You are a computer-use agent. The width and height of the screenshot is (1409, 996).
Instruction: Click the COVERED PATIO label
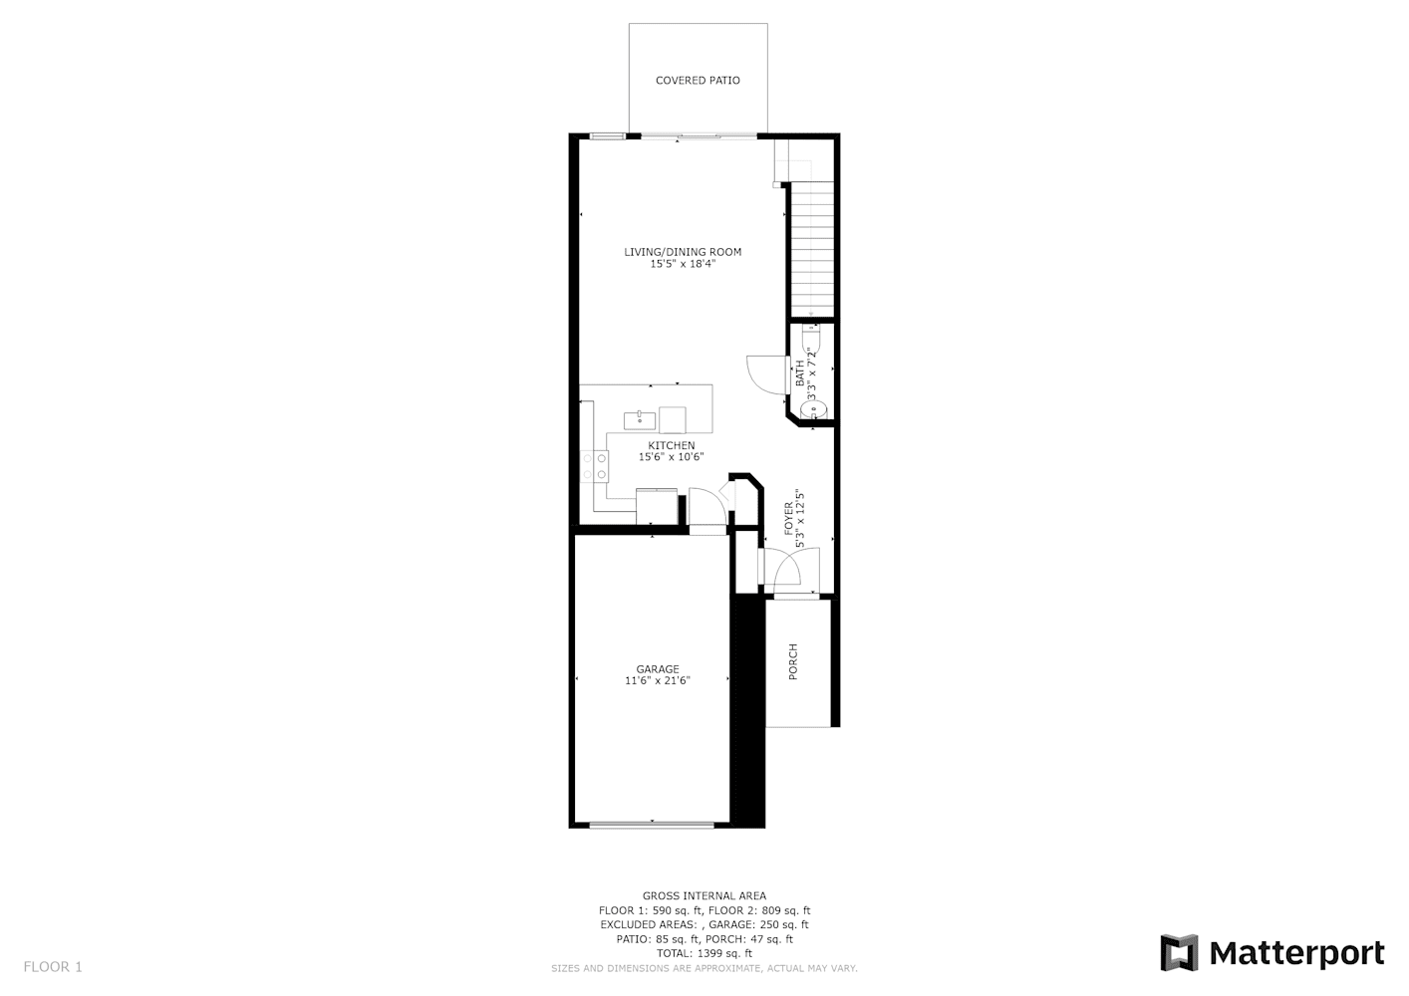pos(698,81)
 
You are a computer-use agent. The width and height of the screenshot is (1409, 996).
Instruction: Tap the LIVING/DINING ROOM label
pos(683,252)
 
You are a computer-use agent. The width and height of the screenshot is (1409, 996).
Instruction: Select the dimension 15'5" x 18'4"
pos(683,264)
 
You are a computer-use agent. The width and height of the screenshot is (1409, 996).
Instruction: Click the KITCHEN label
pos(672,446)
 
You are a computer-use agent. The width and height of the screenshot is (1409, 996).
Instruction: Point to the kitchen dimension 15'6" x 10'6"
pos(672,457)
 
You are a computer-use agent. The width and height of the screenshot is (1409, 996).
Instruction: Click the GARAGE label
pos(658,669)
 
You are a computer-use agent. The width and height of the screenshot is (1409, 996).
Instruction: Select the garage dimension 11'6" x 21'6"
pos(658,680)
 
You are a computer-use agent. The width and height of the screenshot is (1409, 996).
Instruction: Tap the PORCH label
pos(793,661)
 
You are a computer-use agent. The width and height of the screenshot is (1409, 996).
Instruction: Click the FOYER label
pos(789,519)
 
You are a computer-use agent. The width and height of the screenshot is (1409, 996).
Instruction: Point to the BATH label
pos(799,373)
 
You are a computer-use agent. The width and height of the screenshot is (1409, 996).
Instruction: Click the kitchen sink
pos(640,420)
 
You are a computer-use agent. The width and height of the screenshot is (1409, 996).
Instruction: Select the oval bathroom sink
pos(813,410)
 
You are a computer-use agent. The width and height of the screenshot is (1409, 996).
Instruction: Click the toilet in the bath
pos(812,339)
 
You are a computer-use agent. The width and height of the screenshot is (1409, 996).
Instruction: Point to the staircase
pos(812,249)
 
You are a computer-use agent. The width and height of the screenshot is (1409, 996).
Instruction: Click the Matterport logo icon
pos(1180,952)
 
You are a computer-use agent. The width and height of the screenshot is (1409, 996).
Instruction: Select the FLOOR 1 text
pos(53,967)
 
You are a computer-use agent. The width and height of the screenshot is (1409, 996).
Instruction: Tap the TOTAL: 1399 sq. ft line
pos(704,953)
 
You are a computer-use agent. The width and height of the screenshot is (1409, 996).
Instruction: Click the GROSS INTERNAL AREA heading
pos(704,896)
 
